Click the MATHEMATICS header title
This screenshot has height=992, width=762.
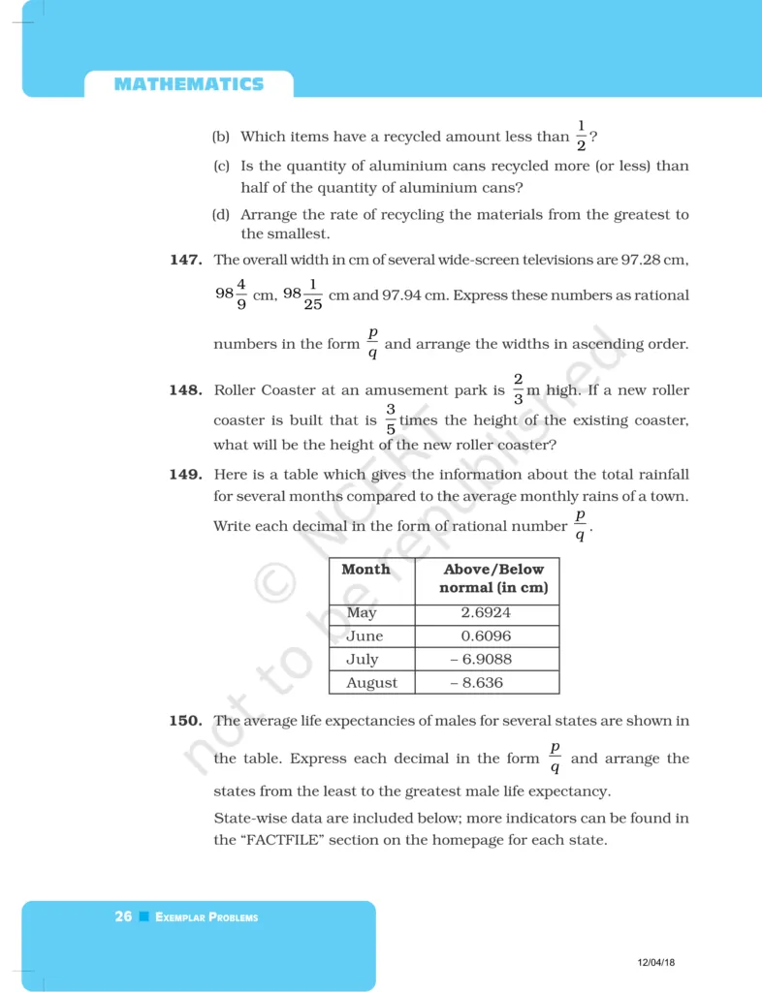pyautogui.click(x=188, y=84)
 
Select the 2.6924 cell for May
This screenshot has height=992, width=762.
pyautogui.click(x=487, y=613)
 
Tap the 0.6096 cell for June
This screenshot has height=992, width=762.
pyautogui.click(x=487, y=636)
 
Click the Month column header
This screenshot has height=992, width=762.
pyautogui.click(x=365, y=570)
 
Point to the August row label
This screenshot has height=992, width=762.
pyautogui.click(x=371, y=683)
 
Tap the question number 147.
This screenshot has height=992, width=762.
pyautogui.click(x=185, y=260)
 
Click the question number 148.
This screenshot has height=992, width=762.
pyautogui.click(x=185, y=390)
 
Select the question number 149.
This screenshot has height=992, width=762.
pyautogui.click(x=185, y=475)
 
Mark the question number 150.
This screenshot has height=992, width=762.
pyautogui.click(x=185, y=721)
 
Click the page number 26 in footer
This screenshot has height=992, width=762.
pyautogui.click(x=123, y=916)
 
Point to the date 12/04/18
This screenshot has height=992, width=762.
pyautogui.click(x=656, y=962)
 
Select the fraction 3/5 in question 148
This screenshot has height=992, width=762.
pyautogui.click(x=391, y=419)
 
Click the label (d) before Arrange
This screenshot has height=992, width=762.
pyautogui.click(x=221, y=215)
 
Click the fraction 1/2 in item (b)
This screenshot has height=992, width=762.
pyautogui.click(x=582, y=136)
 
